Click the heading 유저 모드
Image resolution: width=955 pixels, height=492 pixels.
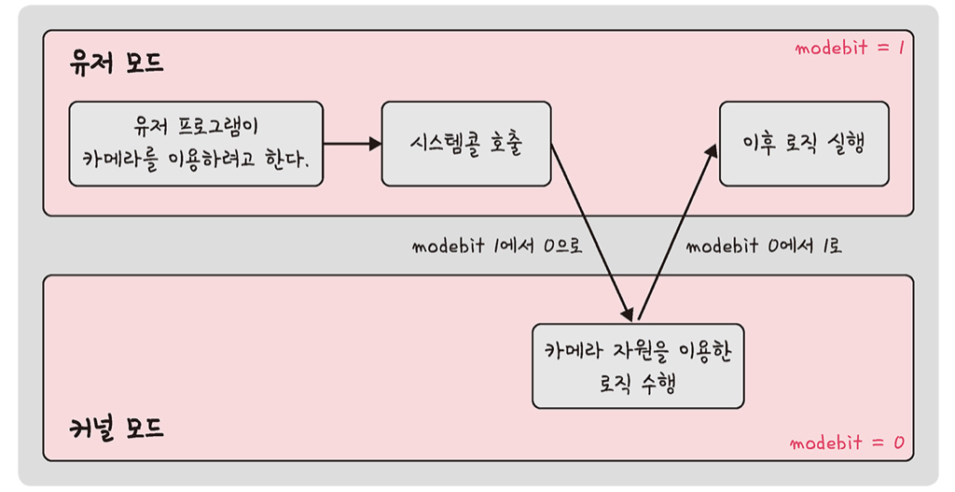117,64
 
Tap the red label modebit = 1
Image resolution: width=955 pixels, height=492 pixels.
850,48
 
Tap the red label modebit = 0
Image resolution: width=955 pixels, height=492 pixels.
846,443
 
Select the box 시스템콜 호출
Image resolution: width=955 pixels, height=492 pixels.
465,144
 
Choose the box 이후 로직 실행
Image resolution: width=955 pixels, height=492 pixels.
803,144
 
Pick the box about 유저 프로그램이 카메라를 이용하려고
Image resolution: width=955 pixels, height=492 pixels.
196,144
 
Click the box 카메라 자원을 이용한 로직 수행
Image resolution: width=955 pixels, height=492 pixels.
638,366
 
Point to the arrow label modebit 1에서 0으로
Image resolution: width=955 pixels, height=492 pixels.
497,246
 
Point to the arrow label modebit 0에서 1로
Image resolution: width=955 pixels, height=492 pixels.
764,246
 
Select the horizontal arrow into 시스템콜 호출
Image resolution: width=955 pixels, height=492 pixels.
353,144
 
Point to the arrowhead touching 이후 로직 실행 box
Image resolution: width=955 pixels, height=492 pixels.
712,149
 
